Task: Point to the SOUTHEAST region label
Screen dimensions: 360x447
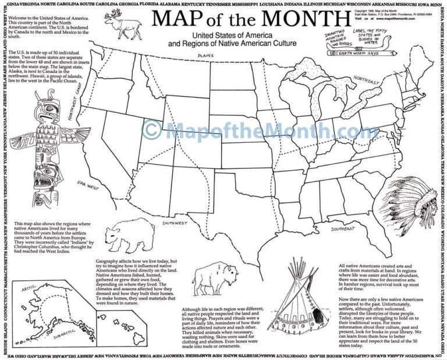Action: (343, 228)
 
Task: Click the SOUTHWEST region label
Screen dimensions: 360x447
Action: (175, 223)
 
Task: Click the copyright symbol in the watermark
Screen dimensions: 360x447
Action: (152, 129)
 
